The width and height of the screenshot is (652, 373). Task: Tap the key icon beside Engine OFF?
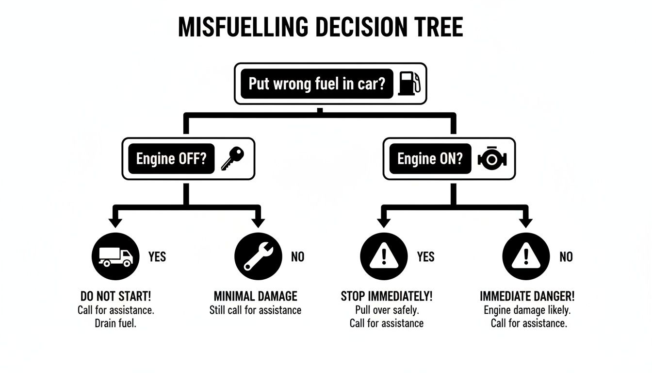coord(232,159)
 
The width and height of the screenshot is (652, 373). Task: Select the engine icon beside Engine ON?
coord(492,159)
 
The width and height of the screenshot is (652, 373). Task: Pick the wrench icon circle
coord(258,256)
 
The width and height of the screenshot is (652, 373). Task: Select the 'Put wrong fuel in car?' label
coord(317,84)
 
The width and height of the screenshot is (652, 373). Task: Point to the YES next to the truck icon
coord(157,256)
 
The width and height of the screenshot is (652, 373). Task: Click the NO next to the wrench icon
coord(297,256)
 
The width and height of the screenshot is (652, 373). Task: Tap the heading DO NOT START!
coord(115,296)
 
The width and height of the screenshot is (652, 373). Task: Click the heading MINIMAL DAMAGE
coord(255,296)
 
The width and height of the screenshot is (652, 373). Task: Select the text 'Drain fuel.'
coord(115,323)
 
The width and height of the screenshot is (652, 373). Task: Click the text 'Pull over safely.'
coord(386,310)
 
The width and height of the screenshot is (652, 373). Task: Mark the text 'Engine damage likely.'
coord(527,310)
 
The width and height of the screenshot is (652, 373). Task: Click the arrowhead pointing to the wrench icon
coord(258,223)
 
